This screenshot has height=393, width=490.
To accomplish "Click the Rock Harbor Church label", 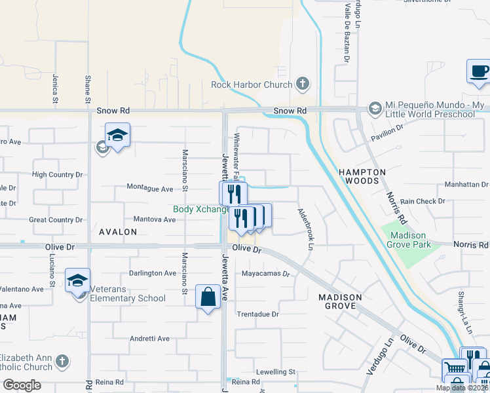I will click(x=251, y=84).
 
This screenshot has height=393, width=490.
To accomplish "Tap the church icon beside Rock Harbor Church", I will click(x=302, y=84).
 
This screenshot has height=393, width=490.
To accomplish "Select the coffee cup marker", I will click(x=479, y=71).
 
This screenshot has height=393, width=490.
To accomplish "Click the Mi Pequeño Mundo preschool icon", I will click(x=375, y=107).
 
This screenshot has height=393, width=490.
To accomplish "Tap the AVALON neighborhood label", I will click(x=118, y=232).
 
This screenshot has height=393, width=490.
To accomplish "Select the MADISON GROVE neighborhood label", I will click(x=340, y=302).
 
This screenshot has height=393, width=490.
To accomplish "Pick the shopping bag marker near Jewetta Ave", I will click(x=208, y=297).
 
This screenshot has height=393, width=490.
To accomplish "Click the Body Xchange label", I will click(x=200, y=210).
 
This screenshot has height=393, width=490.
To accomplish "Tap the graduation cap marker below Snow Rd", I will click(x=117, y=136).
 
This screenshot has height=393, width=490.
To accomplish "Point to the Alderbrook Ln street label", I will click(x=306, y=229).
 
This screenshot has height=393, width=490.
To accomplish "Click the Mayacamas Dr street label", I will click(x=265, y=274).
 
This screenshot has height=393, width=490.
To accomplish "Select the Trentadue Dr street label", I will click(x=258, y=314).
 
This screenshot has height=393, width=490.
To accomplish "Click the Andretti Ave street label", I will click(x=149, y=339).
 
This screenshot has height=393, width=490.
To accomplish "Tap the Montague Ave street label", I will click(x=149, y=189).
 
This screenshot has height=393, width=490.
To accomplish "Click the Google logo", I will click(x=21, y=385).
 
